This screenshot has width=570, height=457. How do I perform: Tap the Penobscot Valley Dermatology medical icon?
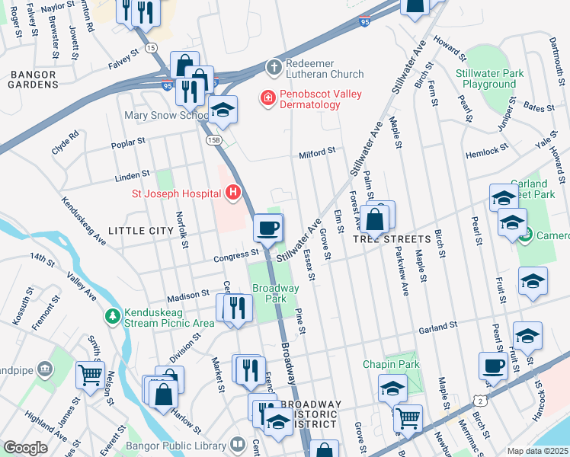point(267,97)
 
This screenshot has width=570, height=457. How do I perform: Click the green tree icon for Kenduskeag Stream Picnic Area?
point(113,315)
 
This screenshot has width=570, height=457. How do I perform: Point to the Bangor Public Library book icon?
point(238,444)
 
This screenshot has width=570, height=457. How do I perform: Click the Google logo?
point(25,448)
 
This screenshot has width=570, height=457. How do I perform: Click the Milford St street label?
point(317,152)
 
